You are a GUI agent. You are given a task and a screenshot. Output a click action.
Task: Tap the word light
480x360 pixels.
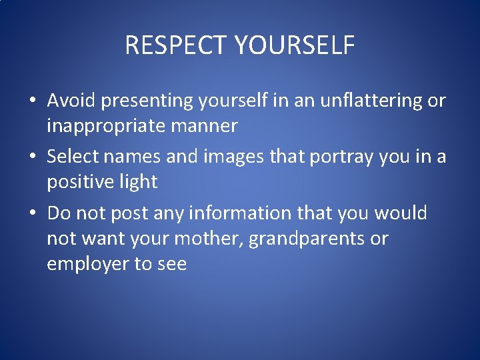(140, 183)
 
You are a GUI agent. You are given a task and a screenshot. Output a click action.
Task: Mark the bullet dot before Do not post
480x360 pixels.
(32, 214)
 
